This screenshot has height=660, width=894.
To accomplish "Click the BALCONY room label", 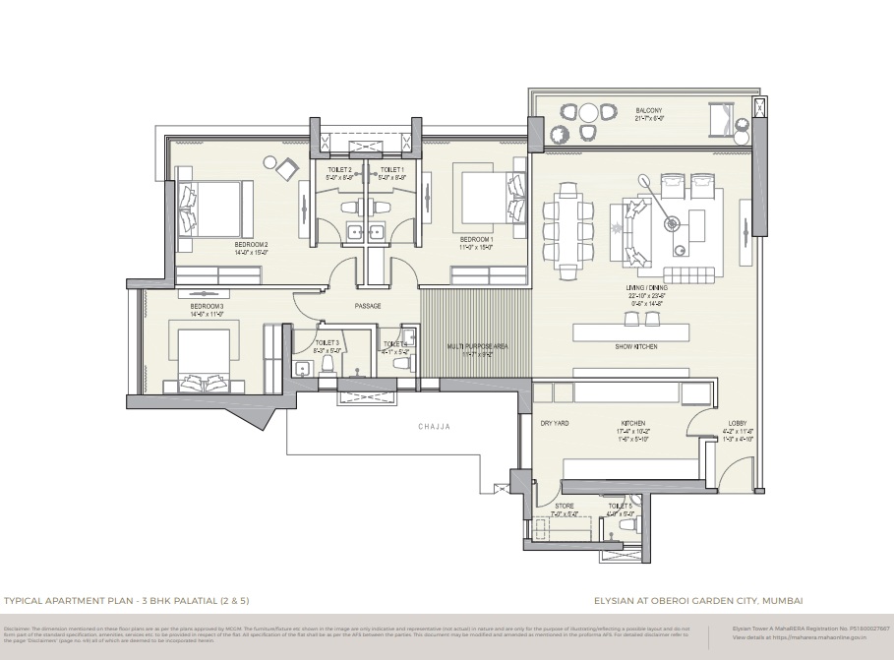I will coord(648,110).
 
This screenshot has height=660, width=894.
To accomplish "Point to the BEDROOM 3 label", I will coord(208,306).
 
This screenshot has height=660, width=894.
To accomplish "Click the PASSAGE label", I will coord(367,306).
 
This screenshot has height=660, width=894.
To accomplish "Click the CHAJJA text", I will coord(433,427).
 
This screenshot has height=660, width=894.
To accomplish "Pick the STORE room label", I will coord(565,507).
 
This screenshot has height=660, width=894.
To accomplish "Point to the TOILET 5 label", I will coord(620,507).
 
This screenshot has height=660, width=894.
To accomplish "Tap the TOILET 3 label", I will coord(328,342).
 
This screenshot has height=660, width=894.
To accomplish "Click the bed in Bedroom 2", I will coord(214,206).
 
